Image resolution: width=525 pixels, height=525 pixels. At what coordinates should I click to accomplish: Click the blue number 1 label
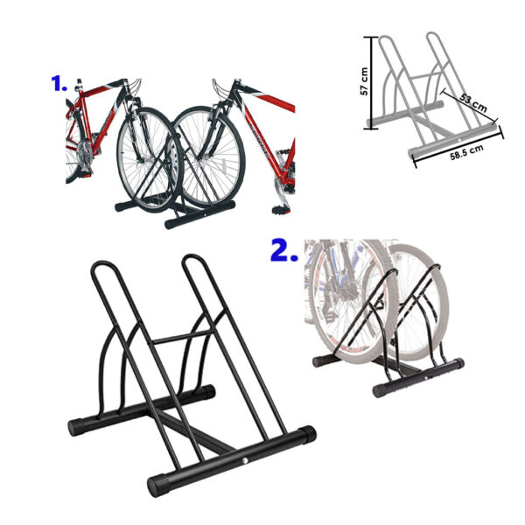(x=59, y=83)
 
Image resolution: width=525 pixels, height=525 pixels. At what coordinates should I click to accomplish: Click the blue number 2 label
(x=283, y=249)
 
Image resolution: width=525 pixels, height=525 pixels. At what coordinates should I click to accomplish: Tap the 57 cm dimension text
(x=364, y=81)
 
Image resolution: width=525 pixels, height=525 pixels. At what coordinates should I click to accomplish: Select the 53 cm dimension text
(x=473, y=102)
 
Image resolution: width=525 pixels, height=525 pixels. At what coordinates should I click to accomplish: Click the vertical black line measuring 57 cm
(x=371, y=82)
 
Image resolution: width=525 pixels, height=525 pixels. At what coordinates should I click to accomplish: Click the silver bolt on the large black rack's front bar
(x=246, y=461)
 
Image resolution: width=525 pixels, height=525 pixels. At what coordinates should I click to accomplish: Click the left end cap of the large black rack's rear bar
(x=74, y=428)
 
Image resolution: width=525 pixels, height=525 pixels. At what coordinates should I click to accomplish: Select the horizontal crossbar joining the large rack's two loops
(x=184, y=337)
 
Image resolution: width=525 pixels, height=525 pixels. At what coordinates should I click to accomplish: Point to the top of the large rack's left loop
(x=103, y=263)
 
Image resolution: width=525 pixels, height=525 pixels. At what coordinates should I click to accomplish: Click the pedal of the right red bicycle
(x=281, y=210)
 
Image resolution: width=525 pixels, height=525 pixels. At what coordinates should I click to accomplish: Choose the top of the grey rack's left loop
(x=386, y=37)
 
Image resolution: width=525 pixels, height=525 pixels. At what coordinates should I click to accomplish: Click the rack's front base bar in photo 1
(x=199, y=214)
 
